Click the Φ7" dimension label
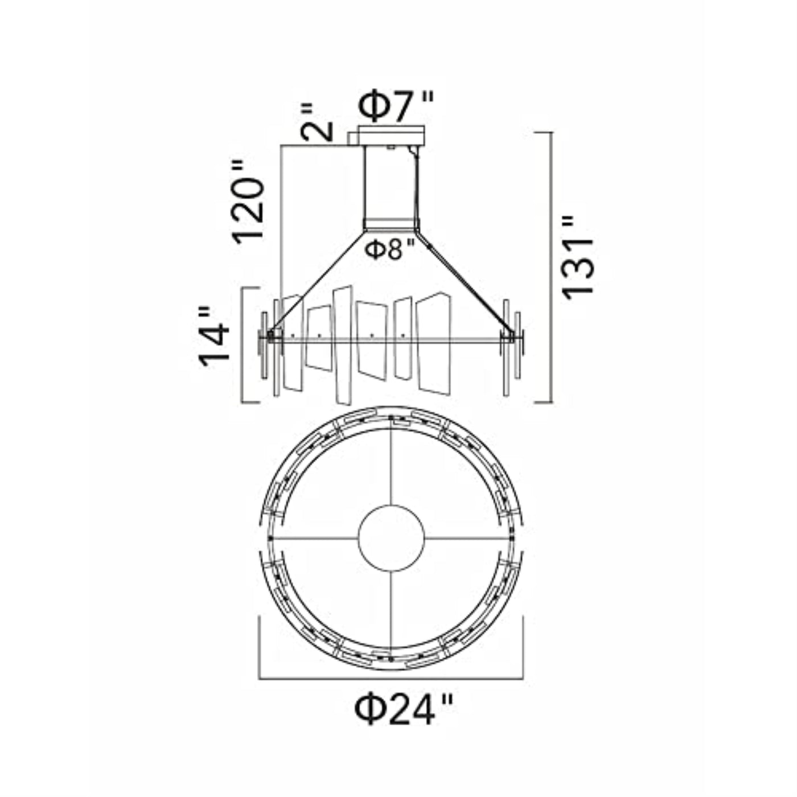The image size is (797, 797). pyautogui.click(x=396, y=106)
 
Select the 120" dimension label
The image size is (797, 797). pyautogui.click(x=248, y=202)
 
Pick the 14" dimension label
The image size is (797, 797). pyautogui.click(x=213, y=336)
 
